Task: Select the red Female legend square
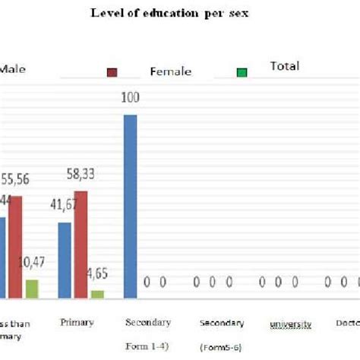click(x=112, y=73)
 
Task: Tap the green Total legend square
click(x=242, y=73)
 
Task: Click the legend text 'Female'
click(x=170, y=72)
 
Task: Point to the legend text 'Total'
click(x=285, y=66)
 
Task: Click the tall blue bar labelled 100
click(x=131, y=206)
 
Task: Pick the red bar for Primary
click(x=81, y=244)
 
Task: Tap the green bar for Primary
click(x=97, y=293)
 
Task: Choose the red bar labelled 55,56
click(x=15, y=247)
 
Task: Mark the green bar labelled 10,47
click(x=32, y=289)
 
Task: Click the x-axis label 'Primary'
click(x=77, y=322)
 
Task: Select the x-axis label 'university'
click(x=291, y=324)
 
